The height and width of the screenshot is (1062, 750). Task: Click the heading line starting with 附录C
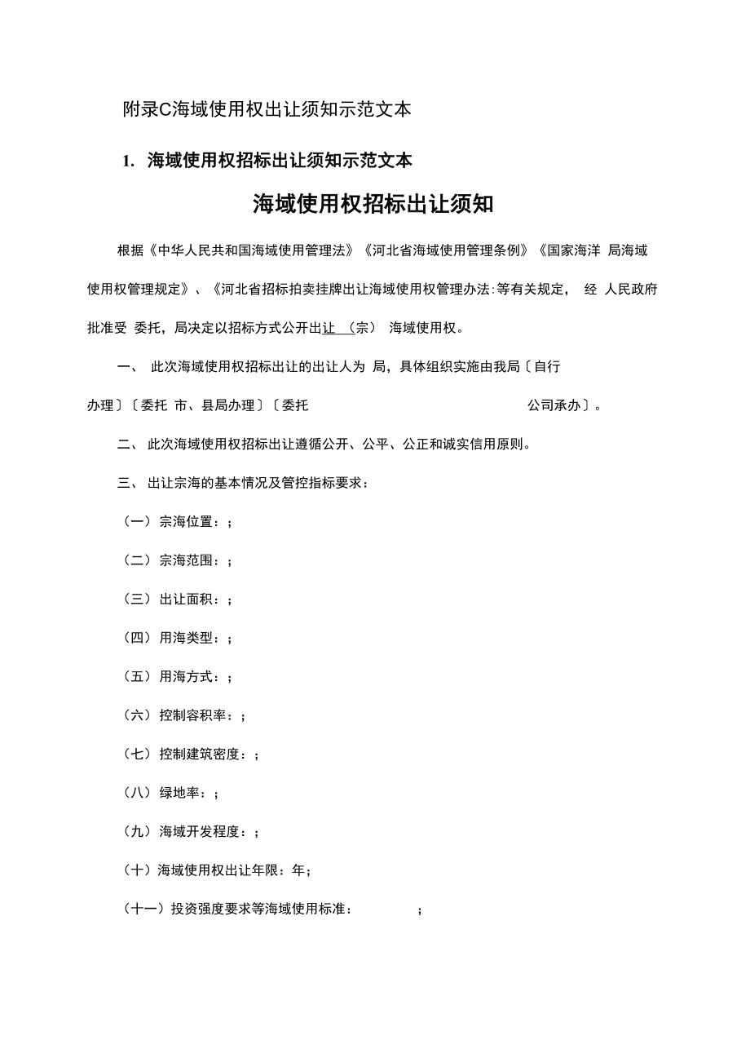267,109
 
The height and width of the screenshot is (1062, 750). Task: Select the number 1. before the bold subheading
128,162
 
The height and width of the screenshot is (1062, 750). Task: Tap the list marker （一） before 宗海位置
136,522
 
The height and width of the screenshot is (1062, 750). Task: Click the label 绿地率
179,793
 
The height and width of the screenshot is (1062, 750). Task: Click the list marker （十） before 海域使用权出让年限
136,871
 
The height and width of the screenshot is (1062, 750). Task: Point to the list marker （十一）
143,909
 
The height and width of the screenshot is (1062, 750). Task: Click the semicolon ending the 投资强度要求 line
419,910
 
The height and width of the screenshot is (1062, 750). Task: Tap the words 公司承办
554,405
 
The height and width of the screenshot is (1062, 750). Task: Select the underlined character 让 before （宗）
329,328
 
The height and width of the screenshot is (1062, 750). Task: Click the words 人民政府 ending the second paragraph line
631,290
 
